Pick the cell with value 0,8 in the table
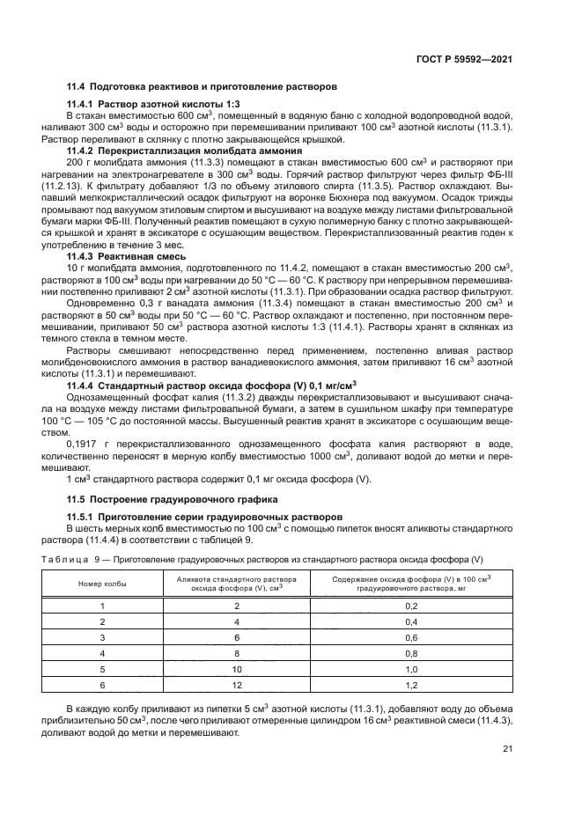coord(410,654)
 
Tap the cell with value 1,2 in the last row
coord(410,684)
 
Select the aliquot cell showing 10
coord(237,669)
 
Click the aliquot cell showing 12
coord(237,684)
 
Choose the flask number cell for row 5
coord(102,669)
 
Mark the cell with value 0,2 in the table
coord(410,606)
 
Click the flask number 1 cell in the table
coord(102,606)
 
